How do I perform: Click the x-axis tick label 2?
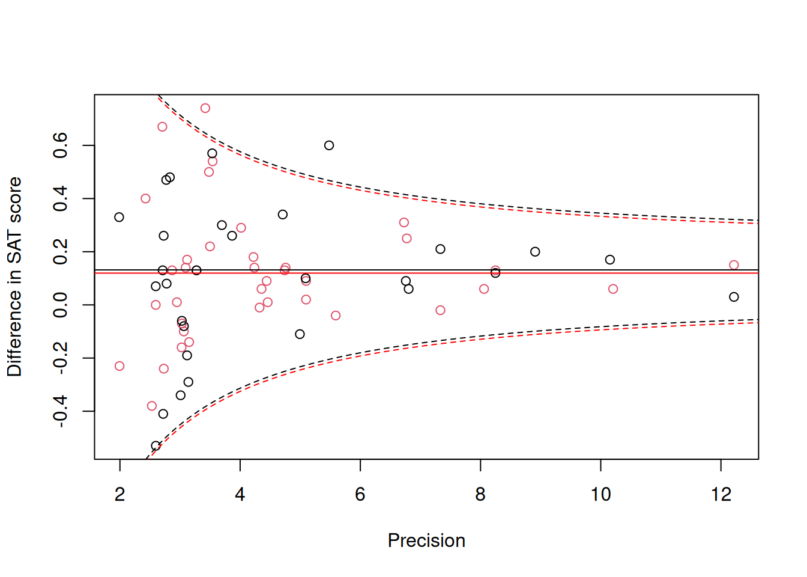click(120, 495)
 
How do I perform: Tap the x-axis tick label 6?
click(360, 495)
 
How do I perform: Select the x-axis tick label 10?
click(600, 495)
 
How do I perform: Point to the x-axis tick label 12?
click(721, 495)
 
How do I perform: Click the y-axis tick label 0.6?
click(61, 145)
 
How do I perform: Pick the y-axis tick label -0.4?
click(61, 411)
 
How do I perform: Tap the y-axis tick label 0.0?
click(61, 305)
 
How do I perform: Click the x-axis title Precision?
click(426, 541)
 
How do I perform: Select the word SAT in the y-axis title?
click(14, 249)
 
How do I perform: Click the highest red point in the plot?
click(205, 108)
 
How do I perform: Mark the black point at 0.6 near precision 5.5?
click(329, 145)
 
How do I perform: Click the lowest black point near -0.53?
click(156, 446)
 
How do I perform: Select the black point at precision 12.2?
click(734, 297)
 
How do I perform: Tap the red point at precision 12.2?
click(734, 265)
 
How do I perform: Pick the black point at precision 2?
click(119, 217)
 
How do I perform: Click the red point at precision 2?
click(119, 366)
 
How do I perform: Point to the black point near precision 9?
click(535, 252)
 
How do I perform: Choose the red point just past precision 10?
click(613, 289)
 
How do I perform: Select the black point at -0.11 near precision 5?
click(300, 334)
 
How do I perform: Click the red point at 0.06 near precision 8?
click(484, 289)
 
